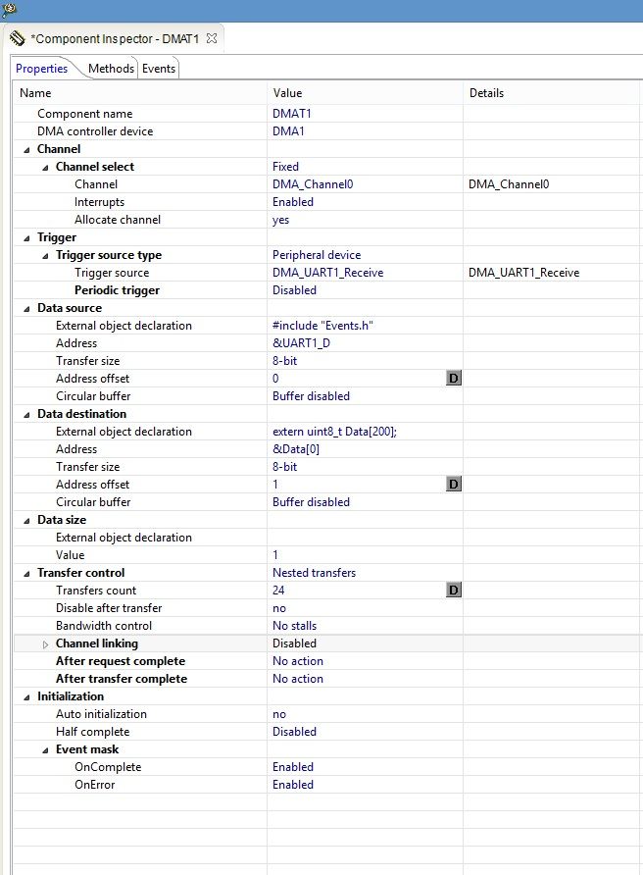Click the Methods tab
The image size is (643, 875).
[x=111, y=69]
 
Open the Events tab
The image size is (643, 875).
[x=159, y=69]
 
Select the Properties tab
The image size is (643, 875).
[x=42, y=69]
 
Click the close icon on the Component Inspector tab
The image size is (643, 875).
[x=212, y=38]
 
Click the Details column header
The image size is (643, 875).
[x=486, y=93]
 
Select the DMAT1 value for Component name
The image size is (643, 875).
[x=292, y=114]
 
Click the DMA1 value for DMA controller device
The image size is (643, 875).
[x=288, y=131]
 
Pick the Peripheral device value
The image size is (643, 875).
[x=317, y=255]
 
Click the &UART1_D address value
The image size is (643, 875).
[x=301, y=343]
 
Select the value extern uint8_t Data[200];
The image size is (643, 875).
[x=342, y=432]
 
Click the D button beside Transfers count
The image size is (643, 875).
[x=453, y=591]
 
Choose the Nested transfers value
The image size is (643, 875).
[x=314, y=573]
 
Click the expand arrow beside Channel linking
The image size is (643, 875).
[x=45, y=644]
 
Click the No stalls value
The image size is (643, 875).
[x=295, y=626]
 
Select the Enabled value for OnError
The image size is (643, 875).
[x=293, y=785]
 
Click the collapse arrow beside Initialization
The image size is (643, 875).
[x=26, y=696]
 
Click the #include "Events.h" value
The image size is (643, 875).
[x=323, y=326]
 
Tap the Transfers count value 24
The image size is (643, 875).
[x=279, y=591]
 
